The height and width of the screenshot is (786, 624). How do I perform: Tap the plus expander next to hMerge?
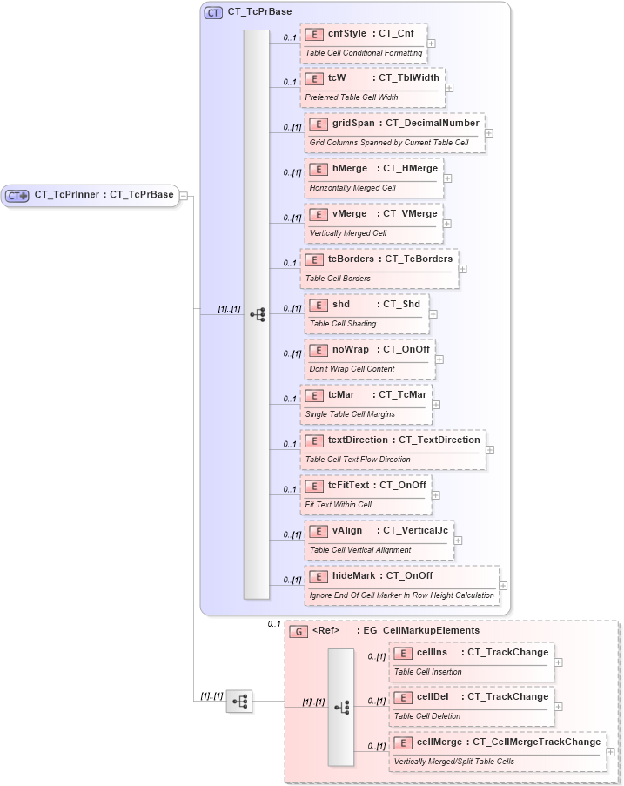(x=447, y=178)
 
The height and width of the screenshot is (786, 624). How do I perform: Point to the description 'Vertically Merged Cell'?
(x=347, y=233)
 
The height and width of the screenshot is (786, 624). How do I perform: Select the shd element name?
(x=341, y=304)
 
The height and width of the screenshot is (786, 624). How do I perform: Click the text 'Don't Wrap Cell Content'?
(x=352, y=369)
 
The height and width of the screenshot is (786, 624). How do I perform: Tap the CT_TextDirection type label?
(x=439, y=440)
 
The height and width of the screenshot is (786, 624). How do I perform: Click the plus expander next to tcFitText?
(x=435, y=494)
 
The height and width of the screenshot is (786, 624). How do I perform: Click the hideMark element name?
(x=352, y=575)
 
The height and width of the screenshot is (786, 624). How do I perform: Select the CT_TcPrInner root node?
(x=91, y=195)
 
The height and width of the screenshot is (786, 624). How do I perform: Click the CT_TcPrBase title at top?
(x=258, y=12)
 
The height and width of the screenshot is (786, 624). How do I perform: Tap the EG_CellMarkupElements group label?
(x=420, y=630)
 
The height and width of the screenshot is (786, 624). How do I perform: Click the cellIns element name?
(x=432, y=652)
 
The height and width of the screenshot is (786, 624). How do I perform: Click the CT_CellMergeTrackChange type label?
(x=536, y=742)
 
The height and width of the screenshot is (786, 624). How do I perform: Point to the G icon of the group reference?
(x=298, y=631)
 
